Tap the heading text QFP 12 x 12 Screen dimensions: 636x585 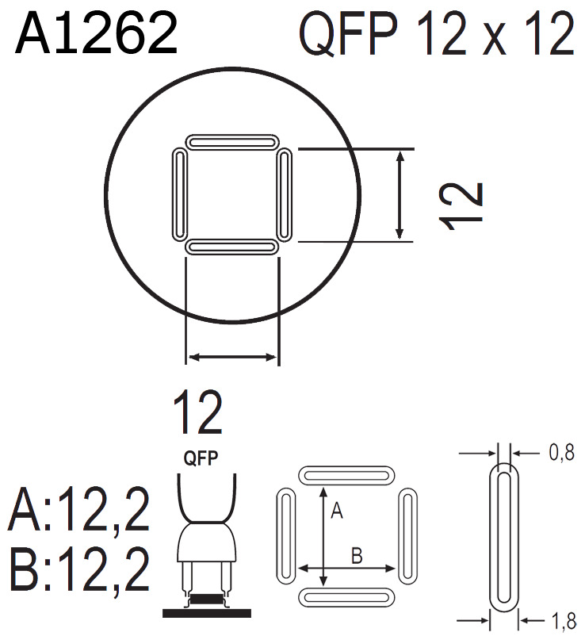[436, 36]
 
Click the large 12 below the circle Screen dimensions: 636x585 [197, 412]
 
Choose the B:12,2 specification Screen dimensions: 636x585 [79, 569]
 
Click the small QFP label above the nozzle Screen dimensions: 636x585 [201, 458]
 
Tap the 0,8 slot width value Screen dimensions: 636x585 [560, 455]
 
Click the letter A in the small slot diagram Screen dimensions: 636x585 [335, 512]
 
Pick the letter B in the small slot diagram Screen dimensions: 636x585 [357, 556]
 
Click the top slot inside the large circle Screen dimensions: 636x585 [232, 143]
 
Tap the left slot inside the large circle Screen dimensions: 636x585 [179, 195]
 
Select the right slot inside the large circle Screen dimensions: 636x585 [285, 195]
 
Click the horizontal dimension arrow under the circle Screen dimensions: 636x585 [232, 358]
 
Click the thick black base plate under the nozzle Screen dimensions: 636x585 [206, 612]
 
